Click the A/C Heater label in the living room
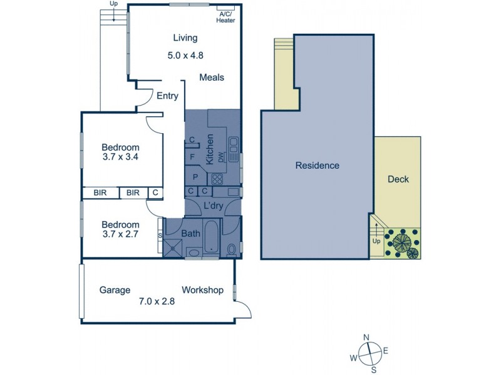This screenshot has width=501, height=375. click(x=225, y=17)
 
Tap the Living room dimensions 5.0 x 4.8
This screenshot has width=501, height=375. click(x=185, y=55)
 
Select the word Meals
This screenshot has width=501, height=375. click(x=212, y=77)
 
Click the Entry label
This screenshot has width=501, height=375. click(x=167, y=96)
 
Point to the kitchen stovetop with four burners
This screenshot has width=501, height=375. click(x=216, y=179)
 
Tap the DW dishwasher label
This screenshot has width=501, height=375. click(x=222, y=156)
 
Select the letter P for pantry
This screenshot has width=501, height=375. click(x=195, y=177)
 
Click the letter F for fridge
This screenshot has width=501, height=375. click(x=192, y=157)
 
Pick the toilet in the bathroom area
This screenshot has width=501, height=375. click(x=232, y=250)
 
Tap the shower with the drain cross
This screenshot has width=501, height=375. click(x=172, y=249)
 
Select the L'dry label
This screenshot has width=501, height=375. click(x=214, y=206)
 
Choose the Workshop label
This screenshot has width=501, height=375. click(x=202, y=290)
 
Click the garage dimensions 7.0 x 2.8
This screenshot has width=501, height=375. click(x=157, y=301)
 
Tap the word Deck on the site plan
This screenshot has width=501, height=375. click(x=398, y=179)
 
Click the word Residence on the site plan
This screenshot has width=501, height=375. click(x=318, y=166)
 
